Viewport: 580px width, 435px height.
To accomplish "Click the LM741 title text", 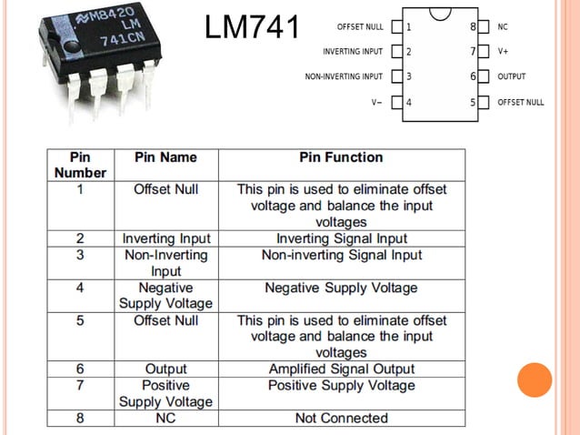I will [x=252, y=27].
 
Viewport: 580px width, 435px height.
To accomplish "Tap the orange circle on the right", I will [x=535, y=379].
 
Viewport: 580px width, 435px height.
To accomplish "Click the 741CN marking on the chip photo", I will [x=122, y=38].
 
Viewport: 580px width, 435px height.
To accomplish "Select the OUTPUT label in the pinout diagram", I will [x=511, y=77].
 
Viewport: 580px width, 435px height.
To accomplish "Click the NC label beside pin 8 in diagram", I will [x=502, y=27].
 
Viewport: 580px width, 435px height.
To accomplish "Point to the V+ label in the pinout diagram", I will [x=503, y=52].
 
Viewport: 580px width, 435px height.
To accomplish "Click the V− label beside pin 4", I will [x=376, y=102].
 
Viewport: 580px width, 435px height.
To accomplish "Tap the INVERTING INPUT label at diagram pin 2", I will [x=353, y=52].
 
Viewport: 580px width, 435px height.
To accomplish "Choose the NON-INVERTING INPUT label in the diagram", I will [x=344, y=77].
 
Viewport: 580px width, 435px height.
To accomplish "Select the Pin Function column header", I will [x=341, y=157].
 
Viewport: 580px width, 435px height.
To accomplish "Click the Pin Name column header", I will [x=165, y=157].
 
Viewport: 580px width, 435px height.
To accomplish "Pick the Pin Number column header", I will [x=80, y=165].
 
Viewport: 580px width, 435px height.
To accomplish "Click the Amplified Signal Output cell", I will [x=341, y=369].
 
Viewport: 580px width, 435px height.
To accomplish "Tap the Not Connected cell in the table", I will [x=341, y=419].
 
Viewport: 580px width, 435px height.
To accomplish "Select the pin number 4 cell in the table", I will [x=80, y=288].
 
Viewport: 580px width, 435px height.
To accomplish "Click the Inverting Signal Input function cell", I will [x=341, y=238].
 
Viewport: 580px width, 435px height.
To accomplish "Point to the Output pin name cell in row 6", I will [x=165, y=369].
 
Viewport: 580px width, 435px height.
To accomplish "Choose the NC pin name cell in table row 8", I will [x=165, y=419].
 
